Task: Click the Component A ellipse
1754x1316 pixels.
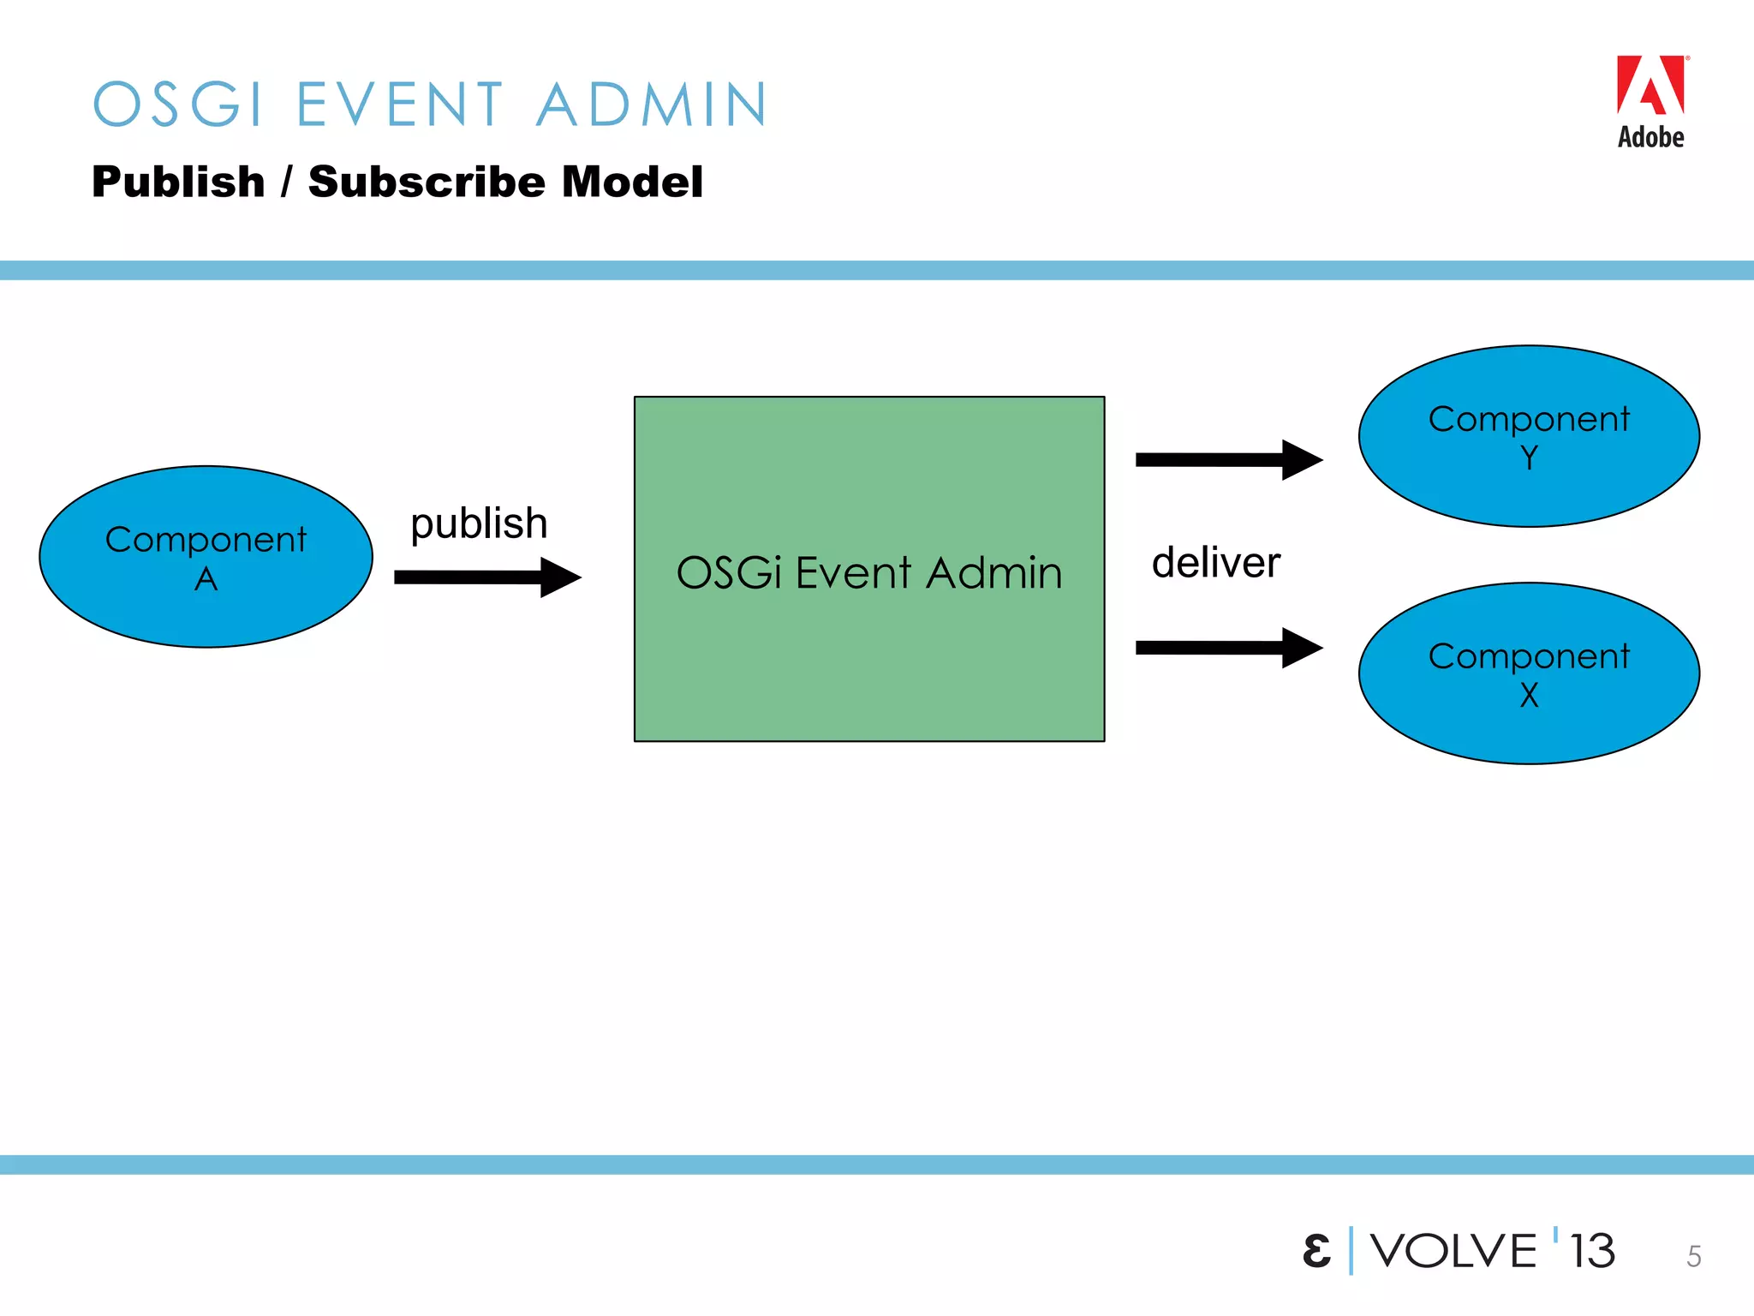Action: tap(206, 557)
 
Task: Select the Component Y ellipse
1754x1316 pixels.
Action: tap(1529, 436)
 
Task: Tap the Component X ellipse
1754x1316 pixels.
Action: tap(1529, 673)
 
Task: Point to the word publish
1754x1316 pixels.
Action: tap(479, 523)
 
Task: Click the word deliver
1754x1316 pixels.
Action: tap(1215, 563)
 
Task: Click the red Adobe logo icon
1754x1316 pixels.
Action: tap(1650, 85)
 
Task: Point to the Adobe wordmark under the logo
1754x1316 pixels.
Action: tap(1650, 137)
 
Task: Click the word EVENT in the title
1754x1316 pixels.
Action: tap(400, 105)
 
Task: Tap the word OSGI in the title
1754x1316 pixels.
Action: tap(177, 105)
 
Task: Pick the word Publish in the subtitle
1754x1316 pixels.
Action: tap(178, 182)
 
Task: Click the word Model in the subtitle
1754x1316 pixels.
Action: tap(632, 182)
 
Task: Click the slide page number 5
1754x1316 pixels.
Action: tap(1693, 1256)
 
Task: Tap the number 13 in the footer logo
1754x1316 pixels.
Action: tap(1592, 1251)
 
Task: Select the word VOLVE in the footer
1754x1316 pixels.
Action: tap(1453, 1251)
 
